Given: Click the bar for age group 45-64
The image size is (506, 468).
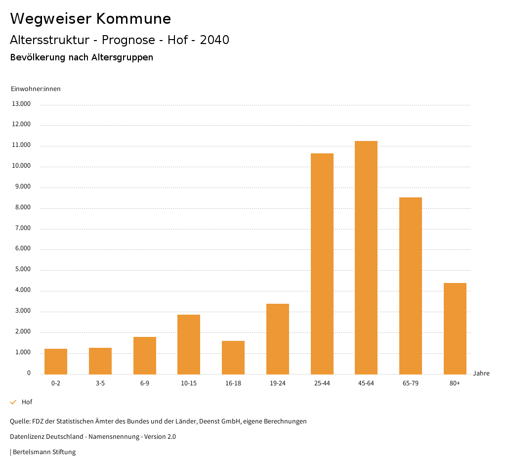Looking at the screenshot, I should click(366, 257).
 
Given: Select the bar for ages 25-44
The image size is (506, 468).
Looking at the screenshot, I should click(322, 264).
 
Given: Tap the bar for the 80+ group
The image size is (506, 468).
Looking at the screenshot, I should click(455, 328).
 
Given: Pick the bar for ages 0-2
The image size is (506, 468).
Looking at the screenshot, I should click(56, 362).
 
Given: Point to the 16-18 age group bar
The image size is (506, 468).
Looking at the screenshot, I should click(233, 357).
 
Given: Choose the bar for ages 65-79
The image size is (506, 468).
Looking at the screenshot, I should click(411, 285).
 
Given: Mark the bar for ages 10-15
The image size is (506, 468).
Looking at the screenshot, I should click(189, 344).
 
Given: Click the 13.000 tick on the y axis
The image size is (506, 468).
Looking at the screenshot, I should click(22, 104).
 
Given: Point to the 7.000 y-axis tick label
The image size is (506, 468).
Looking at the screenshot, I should click(22, 228).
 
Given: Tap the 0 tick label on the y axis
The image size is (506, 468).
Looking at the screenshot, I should click(29, 373).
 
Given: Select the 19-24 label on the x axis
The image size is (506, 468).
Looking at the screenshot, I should click(278, 383).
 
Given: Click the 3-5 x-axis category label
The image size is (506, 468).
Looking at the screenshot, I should click(100, 383).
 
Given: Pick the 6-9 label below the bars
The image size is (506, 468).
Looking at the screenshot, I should click(145, 383).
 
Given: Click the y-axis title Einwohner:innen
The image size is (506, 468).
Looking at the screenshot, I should click(36, 89).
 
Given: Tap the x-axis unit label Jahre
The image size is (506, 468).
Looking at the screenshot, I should click(481, 374).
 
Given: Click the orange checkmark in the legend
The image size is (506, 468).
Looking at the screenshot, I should click(13, 402).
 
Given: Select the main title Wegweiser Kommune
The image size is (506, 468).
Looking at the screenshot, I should click(90, 19).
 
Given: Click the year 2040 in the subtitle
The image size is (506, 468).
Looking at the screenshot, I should click(214, 40).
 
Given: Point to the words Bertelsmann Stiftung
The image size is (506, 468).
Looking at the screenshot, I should click(44, 452).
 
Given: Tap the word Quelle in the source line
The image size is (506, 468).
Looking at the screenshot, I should click(19, 421).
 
